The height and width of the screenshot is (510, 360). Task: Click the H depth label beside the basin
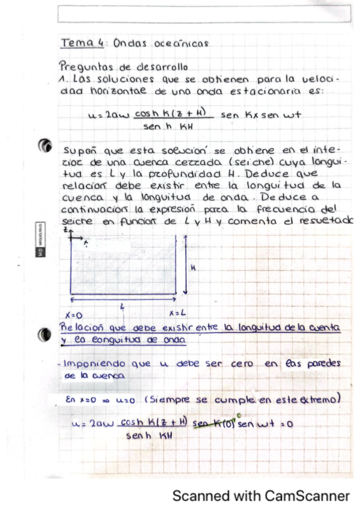tap(193, 269)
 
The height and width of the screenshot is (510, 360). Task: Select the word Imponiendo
tap(95, 364)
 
